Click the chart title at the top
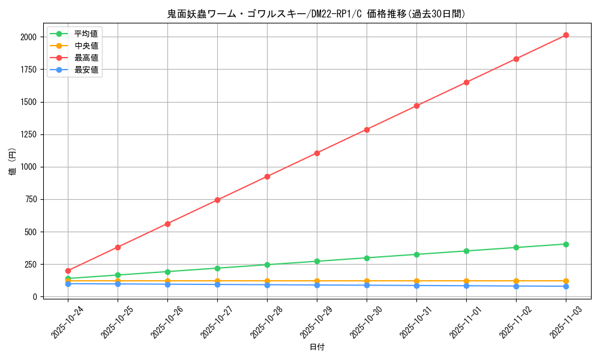click(316, 14)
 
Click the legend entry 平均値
click(86, 34)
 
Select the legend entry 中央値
click(86, 46)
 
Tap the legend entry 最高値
click(86, 58)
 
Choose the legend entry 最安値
click(86, 70)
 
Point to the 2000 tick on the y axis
click(28, 37)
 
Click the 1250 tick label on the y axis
click(28, 134)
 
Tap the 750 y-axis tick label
click(31, 200)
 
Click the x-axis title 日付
click(317, 347)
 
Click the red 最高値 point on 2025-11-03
click(566, 35)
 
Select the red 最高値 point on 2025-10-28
click(267, 176)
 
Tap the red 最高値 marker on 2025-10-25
click(118, 247)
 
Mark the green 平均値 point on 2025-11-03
click(566, 244)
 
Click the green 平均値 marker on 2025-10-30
click(367, 258)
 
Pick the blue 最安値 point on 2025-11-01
click(466, 286)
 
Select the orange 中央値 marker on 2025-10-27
click(217, 281)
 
